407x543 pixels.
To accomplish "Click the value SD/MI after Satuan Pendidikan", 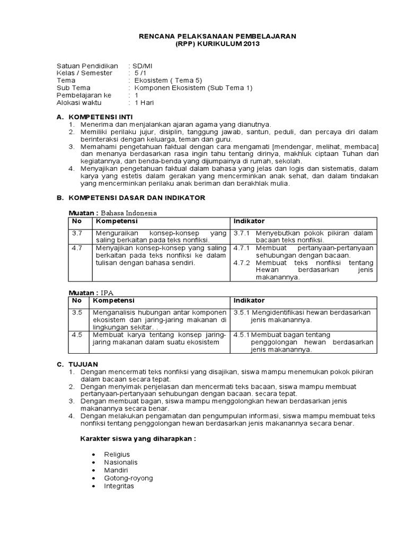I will pos(140,65).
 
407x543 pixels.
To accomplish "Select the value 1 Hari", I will pos(144,102).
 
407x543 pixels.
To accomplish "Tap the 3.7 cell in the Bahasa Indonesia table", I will pos(77,233).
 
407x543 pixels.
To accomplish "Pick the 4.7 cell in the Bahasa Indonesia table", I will pos(77,248).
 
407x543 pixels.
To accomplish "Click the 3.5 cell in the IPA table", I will pos(77,313).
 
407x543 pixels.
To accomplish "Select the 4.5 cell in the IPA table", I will pos(77,335).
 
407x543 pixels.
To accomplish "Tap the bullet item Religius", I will pos(117,454).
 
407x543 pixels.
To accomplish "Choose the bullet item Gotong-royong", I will pos(128,478).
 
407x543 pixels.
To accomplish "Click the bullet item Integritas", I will pos(119,486).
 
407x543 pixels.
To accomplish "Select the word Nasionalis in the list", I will pos(121,462).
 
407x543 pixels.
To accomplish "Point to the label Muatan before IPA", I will pos(81,293).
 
